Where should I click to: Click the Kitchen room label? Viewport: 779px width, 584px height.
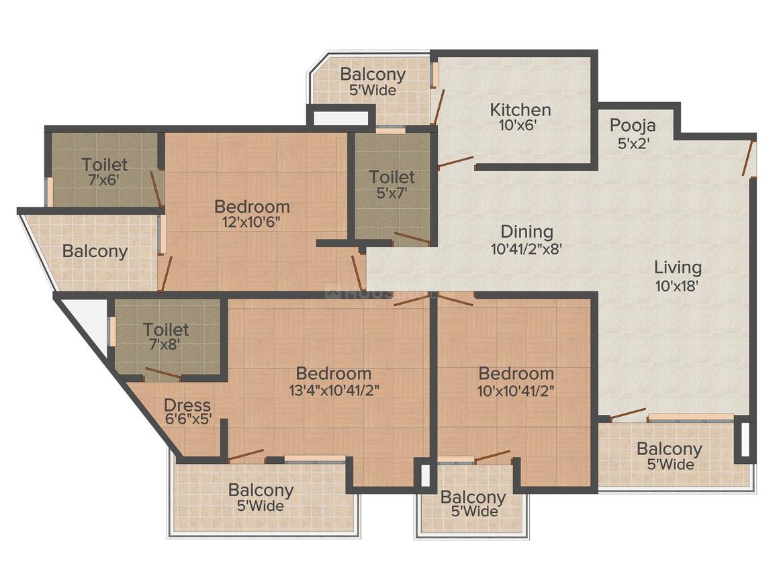[520, 109]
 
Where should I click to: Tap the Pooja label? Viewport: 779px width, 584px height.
[633, 126]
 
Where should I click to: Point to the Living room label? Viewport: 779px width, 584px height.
[678, 268]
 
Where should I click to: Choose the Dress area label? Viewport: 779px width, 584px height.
[187, 405]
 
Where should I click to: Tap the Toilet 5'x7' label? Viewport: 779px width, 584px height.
[392, 177]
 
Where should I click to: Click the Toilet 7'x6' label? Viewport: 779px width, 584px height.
[104, 164]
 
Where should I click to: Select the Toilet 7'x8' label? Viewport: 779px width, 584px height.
[166, 330]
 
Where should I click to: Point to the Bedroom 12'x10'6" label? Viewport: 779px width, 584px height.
[252, 206]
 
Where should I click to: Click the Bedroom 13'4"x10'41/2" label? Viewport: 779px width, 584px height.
[334, 373]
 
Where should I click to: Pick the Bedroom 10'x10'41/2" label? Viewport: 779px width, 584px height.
[516, 373]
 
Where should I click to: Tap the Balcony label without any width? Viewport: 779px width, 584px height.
[95, 251]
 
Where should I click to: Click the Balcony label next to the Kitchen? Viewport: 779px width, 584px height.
[373, 75]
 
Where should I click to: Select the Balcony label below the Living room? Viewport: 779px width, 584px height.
[669, 448]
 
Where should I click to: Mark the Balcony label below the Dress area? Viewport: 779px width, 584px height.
[261, 490]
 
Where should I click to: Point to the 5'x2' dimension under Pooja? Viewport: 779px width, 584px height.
[633, 142]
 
